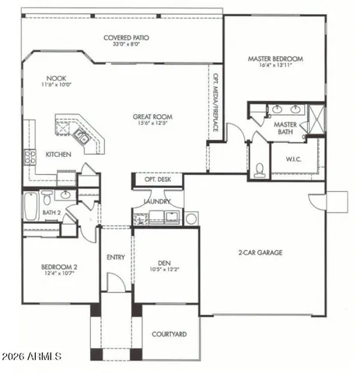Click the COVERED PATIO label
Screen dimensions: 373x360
click(x=126, y=37)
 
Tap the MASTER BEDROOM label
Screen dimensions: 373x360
click(x=275, y=59)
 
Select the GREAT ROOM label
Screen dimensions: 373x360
click(x=150, y=117)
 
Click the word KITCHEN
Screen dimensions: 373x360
click(x=59, y=155)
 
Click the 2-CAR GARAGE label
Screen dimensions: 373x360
click(x=260, y=253)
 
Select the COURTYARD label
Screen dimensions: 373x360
click(x=168, y=334)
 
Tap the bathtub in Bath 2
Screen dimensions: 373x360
click(x=31, y=206)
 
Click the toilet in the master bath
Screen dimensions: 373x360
click(x=260, y=166)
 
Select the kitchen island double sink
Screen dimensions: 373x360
click(x=80, y=137)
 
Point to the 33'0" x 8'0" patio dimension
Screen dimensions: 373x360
click(x=126, y=45)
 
